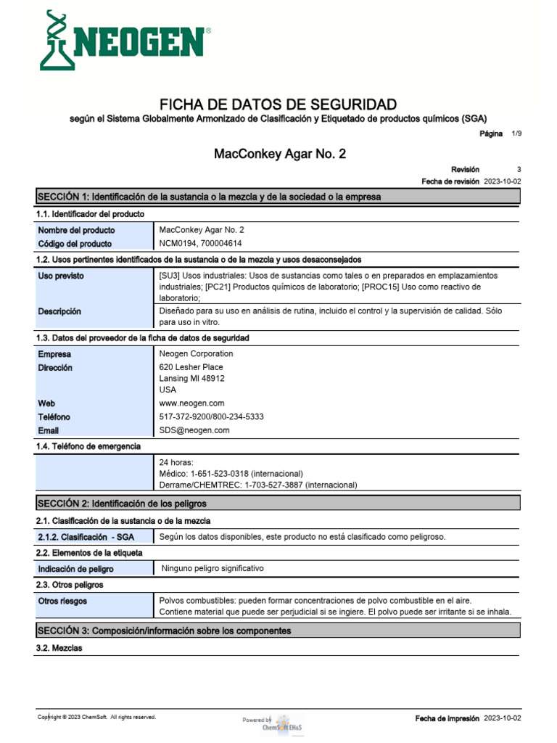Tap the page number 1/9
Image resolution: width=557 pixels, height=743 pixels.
point(516,134)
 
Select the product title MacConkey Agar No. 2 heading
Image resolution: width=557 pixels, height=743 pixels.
point(275,154)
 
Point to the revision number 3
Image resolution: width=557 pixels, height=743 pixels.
point(519,169)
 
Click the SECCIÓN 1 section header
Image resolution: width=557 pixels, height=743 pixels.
point(209,197)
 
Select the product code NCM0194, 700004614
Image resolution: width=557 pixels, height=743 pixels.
point(200,244)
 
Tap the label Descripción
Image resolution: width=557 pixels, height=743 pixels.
point(59,311)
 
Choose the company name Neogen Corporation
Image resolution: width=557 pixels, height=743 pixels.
point(196,353)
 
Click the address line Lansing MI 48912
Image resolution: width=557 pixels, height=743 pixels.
point(191,378)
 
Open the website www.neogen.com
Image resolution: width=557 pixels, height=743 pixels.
point(191,403)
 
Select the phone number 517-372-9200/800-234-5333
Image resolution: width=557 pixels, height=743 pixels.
point(211,416)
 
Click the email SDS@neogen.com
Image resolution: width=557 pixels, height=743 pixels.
point(194,430)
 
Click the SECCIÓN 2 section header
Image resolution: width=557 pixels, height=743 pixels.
point(122,503)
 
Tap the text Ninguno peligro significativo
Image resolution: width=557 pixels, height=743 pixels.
point(213,568)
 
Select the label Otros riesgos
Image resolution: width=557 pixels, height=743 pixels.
point(62,601)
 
